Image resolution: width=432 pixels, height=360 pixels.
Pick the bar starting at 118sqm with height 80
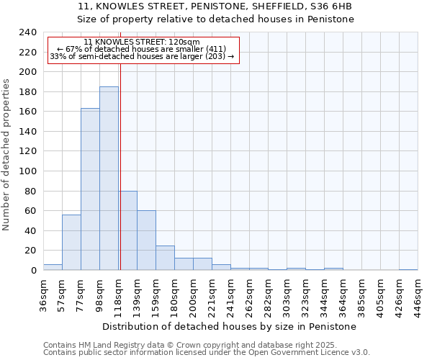128,230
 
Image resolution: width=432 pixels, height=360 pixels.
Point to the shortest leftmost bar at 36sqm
53,267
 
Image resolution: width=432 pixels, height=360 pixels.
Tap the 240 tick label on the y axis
28,32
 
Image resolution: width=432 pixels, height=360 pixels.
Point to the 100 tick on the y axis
28,171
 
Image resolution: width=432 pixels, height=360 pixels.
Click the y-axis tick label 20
31,251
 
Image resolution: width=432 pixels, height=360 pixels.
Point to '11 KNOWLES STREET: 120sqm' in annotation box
142,42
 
